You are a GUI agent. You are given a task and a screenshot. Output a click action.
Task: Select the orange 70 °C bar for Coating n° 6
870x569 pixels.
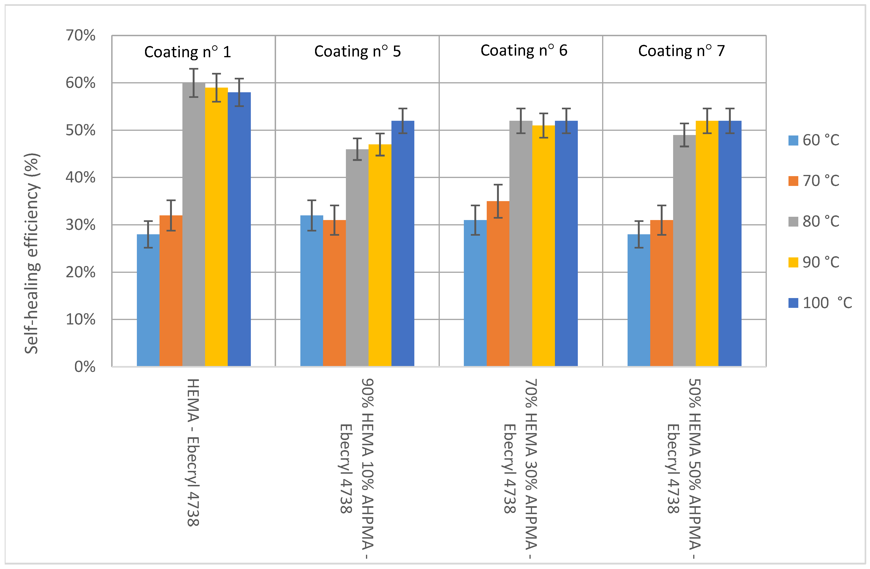point(498,285)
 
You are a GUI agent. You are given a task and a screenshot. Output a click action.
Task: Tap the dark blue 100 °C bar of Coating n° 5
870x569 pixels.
point(403,245)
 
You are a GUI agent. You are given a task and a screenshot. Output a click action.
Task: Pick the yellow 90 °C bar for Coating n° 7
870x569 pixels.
point(707,245)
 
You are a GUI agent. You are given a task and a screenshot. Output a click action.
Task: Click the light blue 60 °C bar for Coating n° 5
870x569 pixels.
point(311,292)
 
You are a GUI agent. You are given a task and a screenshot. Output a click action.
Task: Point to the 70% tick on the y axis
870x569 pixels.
point(80,36)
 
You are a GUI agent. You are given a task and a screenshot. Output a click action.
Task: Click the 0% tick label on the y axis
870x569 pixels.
point(85,367)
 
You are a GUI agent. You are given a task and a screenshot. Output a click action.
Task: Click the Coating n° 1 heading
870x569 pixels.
point(188,52)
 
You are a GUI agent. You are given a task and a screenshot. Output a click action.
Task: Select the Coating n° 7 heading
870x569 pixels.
point(681,51)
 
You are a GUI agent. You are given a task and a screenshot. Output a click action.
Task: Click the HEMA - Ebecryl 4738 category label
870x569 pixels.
point(193,452)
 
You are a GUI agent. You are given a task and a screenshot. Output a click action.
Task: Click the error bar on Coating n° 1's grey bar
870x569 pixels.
point(194,83)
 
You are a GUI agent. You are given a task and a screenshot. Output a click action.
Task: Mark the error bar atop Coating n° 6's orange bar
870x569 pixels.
point(498,201)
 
